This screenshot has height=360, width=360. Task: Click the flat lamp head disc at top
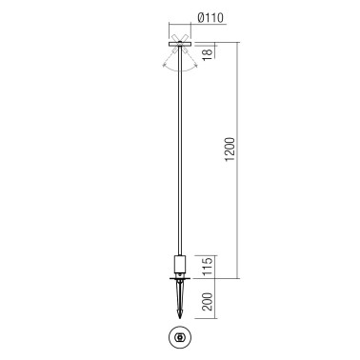point(180,44)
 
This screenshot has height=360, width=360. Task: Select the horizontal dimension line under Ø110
point(180,27)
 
